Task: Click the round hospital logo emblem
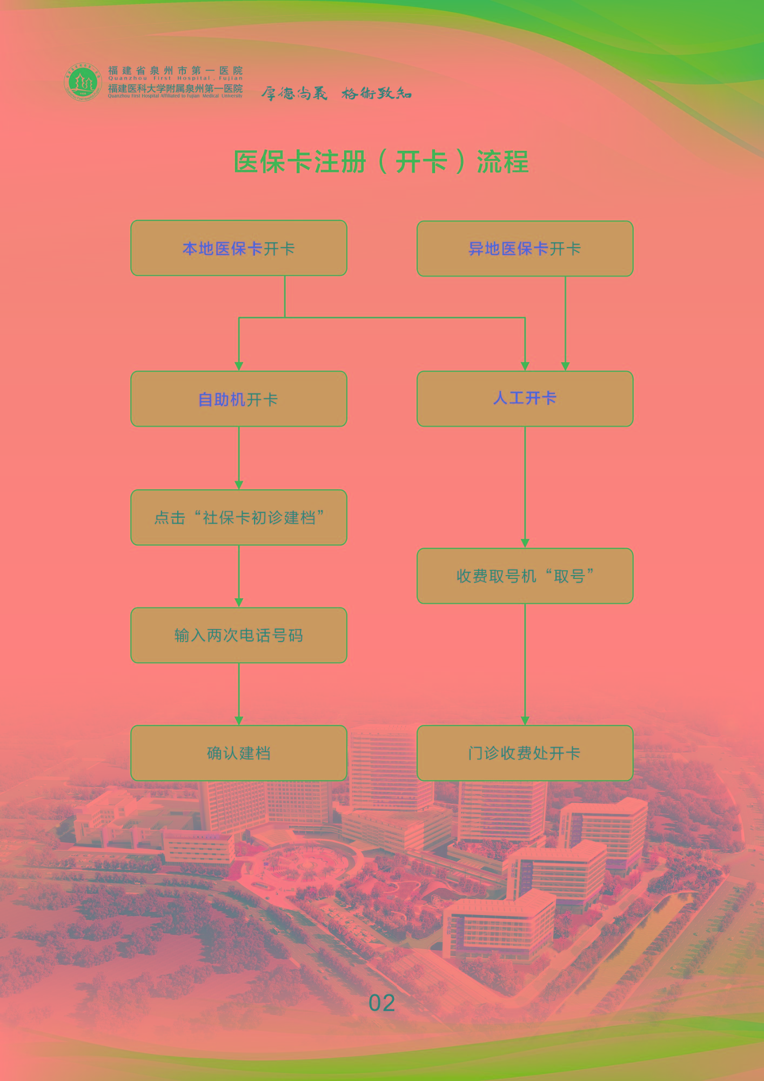tap(83, 82)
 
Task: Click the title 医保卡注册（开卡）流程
tap(381, 162)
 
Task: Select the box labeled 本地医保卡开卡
tap(239, 248)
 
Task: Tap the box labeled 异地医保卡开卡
tap(525, 249)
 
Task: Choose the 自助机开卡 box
tap(239, 399)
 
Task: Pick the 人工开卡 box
tap(525, 399)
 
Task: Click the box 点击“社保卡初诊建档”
tap(239, 517)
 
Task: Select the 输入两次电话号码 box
tap(239, 635)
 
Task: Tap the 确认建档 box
tap(239, 753)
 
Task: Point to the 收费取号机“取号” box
tap(525, 576)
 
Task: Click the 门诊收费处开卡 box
tap(525, 753)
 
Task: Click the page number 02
tap(381, 1004)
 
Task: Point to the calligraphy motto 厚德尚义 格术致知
tap(336, 94)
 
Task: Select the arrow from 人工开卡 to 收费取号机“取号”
tap(525, 486)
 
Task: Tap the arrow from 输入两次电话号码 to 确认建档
tap(239, 694)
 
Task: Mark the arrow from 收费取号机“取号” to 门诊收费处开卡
tap(525, 665)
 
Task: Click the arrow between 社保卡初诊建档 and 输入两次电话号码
tap(239, 576)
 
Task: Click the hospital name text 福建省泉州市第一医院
tap(175, 70)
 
